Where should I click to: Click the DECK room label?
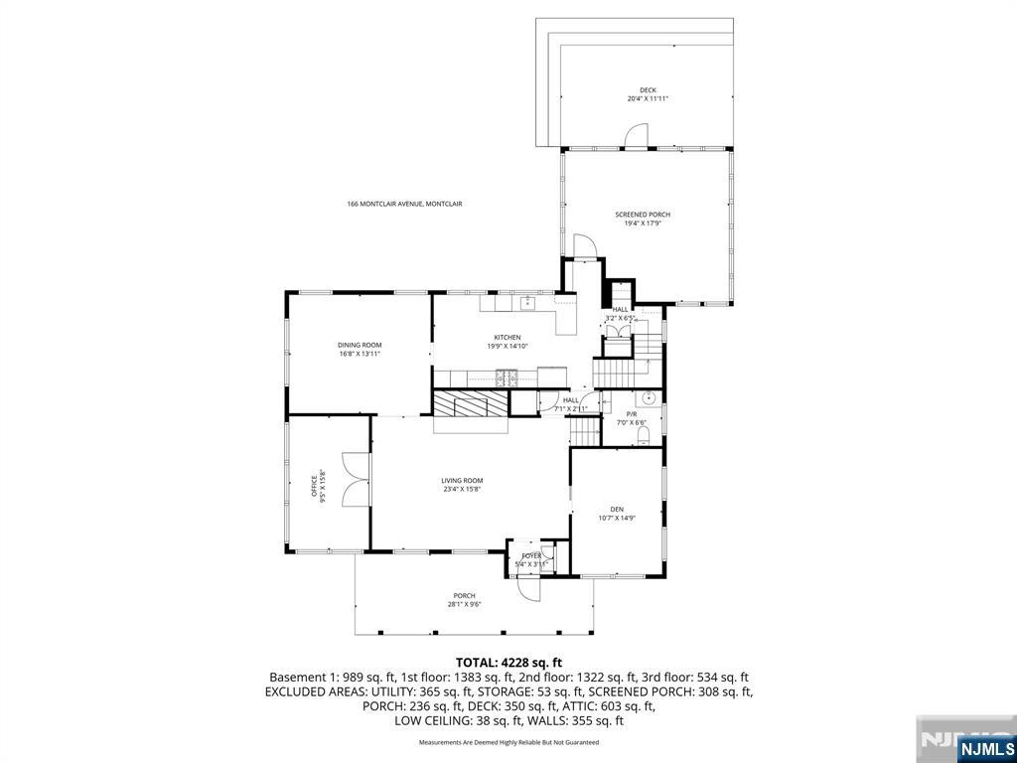click(x=648, y=90)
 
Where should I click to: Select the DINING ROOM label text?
click(x=360, y=345)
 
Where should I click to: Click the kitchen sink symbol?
click(x=528, y=302)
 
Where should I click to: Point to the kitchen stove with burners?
click(x=507, y=377)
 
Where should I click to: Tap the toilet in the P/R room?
click(x=643, y=435)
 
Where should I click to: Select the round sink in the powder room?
click(x=648, y=398)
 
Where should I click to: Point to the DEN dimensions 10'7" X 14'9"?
click(x=616, y=518)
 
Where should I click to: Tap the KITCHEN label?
click(x=508, y=338)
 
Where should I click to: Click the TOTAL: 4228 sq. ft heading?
click(x=508, y=662)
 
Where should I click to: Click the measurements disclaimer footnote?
click(x=508, y=742)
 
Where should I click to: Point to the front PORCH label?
click(x=465, y=596)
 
